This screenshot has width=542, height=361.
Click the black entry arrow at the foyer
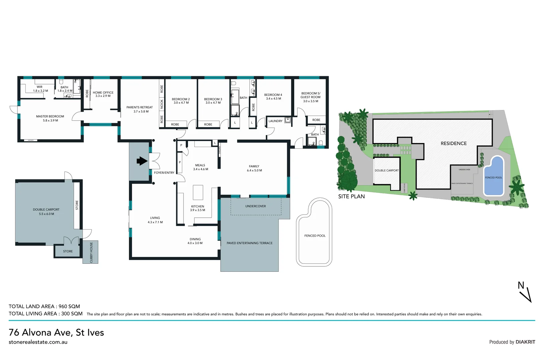(142, 161)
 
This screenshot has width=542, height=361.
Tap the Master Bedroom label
(50, 116)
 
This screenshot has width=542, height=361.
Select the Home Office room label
(103, 93)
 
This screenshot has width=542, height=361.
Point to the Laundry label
(276, 121)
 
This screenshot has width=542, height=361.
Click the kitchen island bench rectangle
(198, 192)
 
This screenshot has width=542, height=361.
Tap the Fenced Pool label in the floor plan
(315, 236)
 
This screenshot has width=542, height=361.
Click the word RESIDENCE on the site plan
(453, 143)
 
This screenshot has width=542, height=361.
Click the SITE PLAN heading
(351, 197)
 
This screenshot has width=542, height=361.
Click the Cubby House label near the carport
(91, 252)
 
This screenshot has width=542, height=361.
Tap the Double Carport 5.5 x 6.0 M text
(46, 212)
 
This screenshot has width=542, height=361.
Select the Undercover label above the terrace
(255, 206)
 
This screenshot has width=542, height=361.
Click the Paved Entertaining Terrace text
(249, 243)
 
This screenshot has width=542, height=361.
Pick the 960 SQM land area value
(69, 306)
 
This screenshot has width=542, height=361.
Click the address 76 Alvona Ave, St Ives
(56, 332)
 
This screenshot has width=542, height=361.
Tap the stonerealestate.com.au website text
(38, 342)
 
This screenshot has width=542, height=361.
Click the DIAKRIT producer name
(525, 342)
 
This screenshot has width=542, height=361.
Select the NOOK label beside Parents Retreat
(162, 104)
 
